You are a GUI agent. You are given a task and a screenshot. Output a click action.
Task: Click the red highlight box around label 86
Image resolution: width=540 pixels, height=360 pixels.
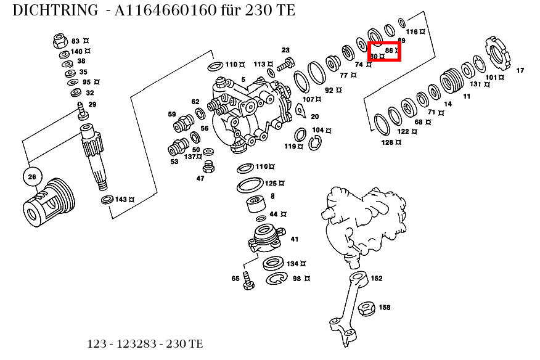[384, 51]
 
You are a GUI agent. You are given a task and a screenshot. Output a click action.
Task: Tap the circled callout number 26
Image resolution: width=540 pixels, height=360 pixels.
[32, 178]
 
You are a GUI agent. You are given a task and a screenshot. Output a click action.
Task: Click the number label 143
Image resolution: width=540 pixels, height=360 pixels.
[121, 200]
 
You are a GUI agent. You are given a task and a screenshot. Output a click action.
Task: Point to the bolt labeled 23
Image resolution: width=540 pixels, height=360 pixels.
[286, 62]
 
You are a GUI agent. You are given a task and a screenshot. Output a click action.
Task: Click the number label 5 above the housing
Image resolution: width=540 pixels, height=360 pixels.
[243, 80]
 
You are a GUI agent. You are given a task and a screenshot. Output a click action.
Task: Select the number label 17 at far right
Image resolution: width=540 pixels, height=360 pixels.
[520, 70]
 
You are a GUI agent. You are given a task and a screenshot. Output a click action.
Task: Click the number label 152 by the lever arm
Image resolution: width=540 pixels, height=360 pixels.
[377, 279]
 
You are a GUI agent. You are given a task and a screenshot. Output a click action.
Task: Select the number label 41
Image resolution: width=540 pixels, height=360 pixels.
[295, 239]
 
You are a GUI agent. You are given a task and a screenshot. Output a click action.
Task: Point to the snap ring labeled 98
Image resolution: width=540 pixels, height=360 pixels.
[277, 279]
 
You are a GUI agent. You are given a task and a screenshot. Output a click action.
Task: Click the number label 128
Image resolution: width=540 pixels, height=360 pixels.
[387, 142]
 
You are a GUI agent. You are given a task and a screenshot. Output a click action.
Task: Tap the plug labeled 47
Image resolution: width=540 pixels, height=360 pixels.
[208, 167]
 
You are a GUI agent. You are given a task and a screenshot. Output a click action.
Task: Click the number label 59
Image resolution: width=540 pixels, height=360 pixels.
[172, 114]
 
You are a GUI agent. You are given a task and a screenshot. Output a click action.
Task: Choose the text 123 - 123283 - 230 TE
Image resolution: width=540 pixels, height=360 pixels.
[145, 344]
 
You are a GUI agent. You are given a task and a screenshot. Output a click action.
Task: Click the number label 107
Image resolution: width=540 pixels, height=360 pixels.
[308, 99]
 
